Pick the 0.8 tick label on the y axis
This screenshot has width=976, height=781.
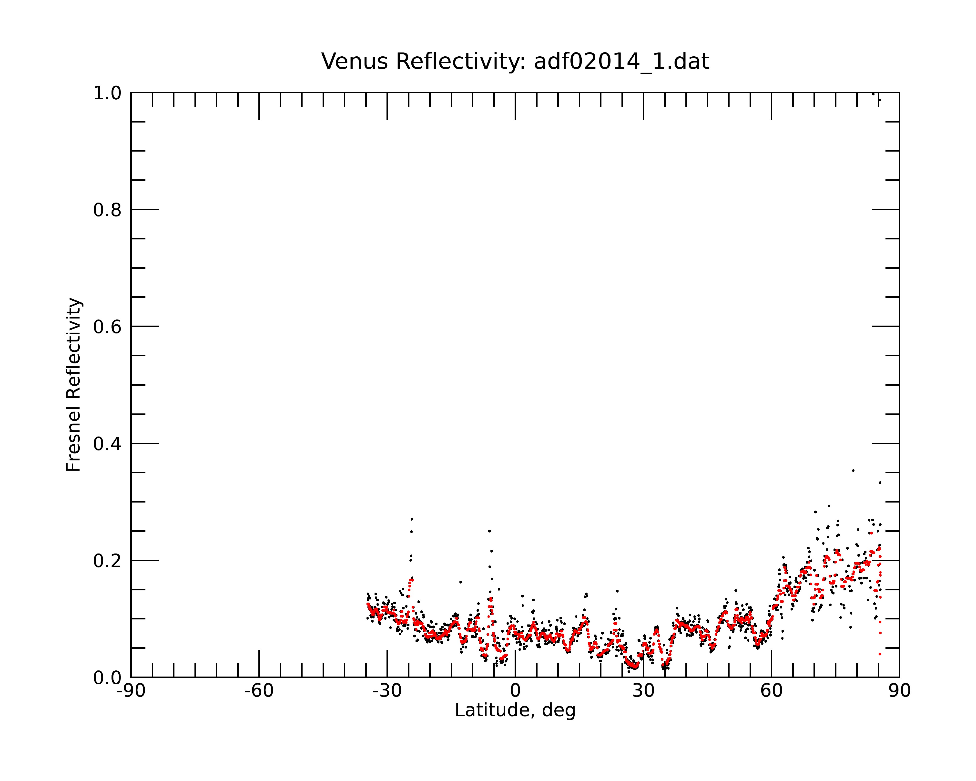[107, 210]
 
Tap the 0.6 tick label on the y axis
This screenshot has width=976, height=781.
[107, 327]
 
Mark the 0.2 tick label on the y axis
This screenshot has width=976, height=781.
[107, 561]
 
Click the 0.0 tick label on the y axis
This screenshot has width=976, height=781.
[107, 678]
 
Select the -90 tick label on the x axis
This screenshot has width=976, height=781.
[131, 691]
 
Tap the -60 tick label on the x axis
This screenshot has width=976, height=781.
[259, 691]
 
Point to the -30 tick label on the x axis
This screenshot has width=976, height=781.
[387, 691]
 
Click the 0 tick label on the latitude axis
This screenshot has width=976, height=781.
[515, 691]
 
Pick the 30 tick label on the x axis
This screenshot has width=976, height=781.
[643, 691]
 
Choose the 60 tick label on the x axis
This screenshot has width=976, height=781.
[771, 691]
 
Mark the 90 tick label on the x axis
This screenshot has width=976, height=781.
[899, 691]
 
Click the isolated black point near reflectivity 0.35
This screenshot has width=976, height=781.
[853, 470]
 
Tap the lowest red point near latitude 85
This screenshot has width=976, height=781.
[880, 654]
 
